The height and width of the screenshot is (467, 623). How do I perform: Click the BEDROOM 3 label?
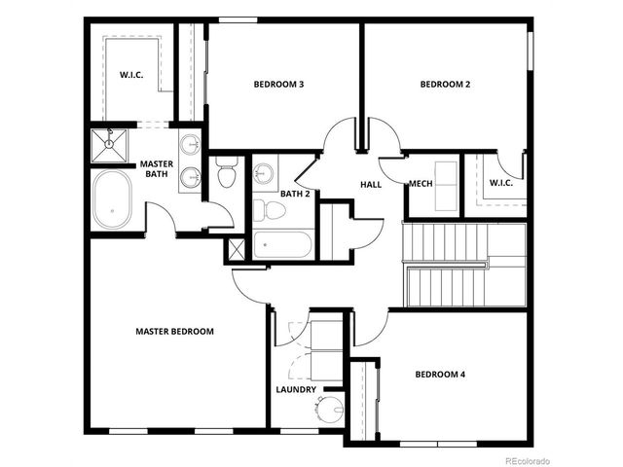click(279, 85)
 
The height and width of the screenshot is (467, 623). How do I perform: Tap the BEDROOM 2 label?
click(445, 85)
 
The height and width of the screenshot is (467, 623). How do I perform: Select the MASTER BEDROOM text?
click(174, 332)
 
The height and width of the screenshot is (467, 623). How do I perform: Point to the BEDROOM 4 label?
click(441, 375)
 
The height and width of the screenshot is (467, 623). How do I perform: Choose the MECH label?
click(421, 183)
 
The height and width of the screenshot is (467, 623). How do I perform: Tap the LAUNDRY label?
click(295, 389)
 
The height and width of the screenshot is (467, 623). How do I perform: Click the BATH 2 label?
click(295, 194)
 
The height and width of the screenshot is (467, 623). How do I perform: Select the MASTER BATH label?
click(156, 168)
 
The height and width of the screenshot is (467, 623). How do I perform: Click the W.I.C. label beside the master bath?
click(131, 75)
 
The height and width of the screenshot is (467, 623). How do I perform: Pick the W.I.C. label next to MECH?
click(500, 183)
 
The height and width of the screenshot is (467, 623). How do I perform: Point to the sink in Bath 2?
click(264, 173)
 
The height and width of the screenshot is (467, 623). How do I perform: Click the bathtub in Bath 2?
click(282, 244)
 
